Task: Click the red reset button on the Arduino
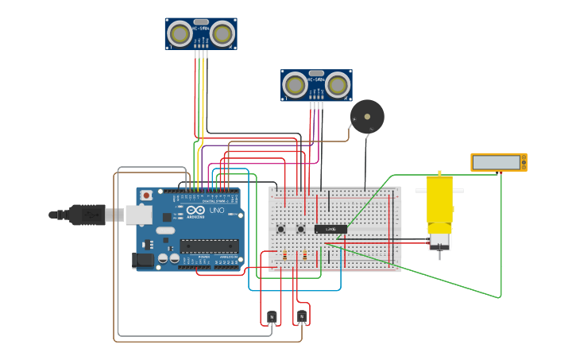pyautogui.click(x=146, y=195)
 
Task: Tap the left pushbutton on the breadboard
pyautogui.click(x=280, y=230)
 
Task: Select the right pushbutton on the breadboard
pyautogui.click(x=301, y=230)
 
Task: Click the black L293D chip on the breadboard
pyautogui.click(x=331, y=229)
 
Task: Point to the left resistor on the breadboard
pyautogui.click(x=284, y=255)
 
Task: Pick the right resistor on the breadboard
pyautogui.click(x=304, y=255)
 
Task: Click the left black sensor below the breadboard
pyautogui.click(x=272, y=317)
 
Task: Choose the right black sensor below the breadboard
pyautogui.click(x=302, y=317)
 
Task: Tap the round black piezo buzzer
pyautogui.click(x=368, y=116)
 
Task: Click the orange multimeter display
pyautogui.click(x=498, y=162)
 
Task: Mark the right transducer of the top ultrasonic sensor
pyautogui.click(x=222, y=33)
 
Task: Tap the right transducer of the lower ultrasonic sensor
pyautogui.click(x=337, y=84)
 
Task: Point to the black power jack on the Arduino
pyautogui.click(x=143, y=260)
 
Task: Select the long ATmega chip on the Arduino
pyautogui.click(x=208, y=246)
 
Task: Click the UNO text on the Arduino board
pyautogui.click(x=216, y=211)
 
